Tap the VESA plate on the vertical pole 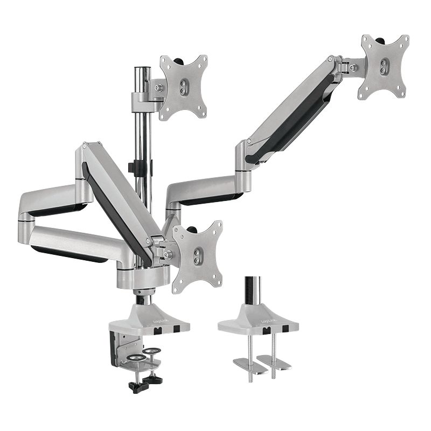pos(183,88)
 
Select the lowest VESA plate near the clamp pos(197,256)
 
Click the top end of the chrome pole pos(142,70)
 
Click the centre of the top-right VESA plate pos(384,67)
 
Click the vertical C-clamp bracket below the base pos(116,348)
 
